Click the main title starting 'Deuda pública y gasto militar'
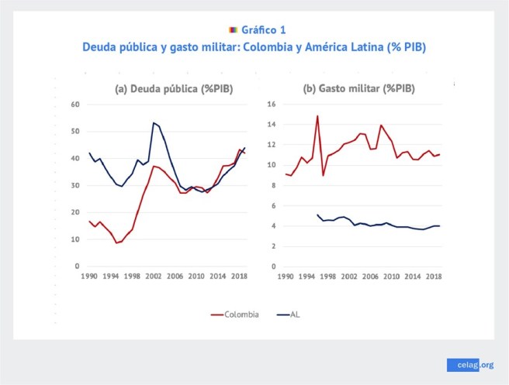254,46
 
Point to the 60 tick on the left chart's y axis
75,105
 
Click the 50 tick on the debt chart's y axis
75,132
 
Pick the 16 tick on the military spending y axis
272,105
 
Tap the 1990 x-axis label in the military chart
286,276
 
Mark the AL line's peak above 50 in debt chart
154,122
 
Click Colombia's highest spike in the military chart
317,116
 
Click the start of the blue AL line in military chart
317,215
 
